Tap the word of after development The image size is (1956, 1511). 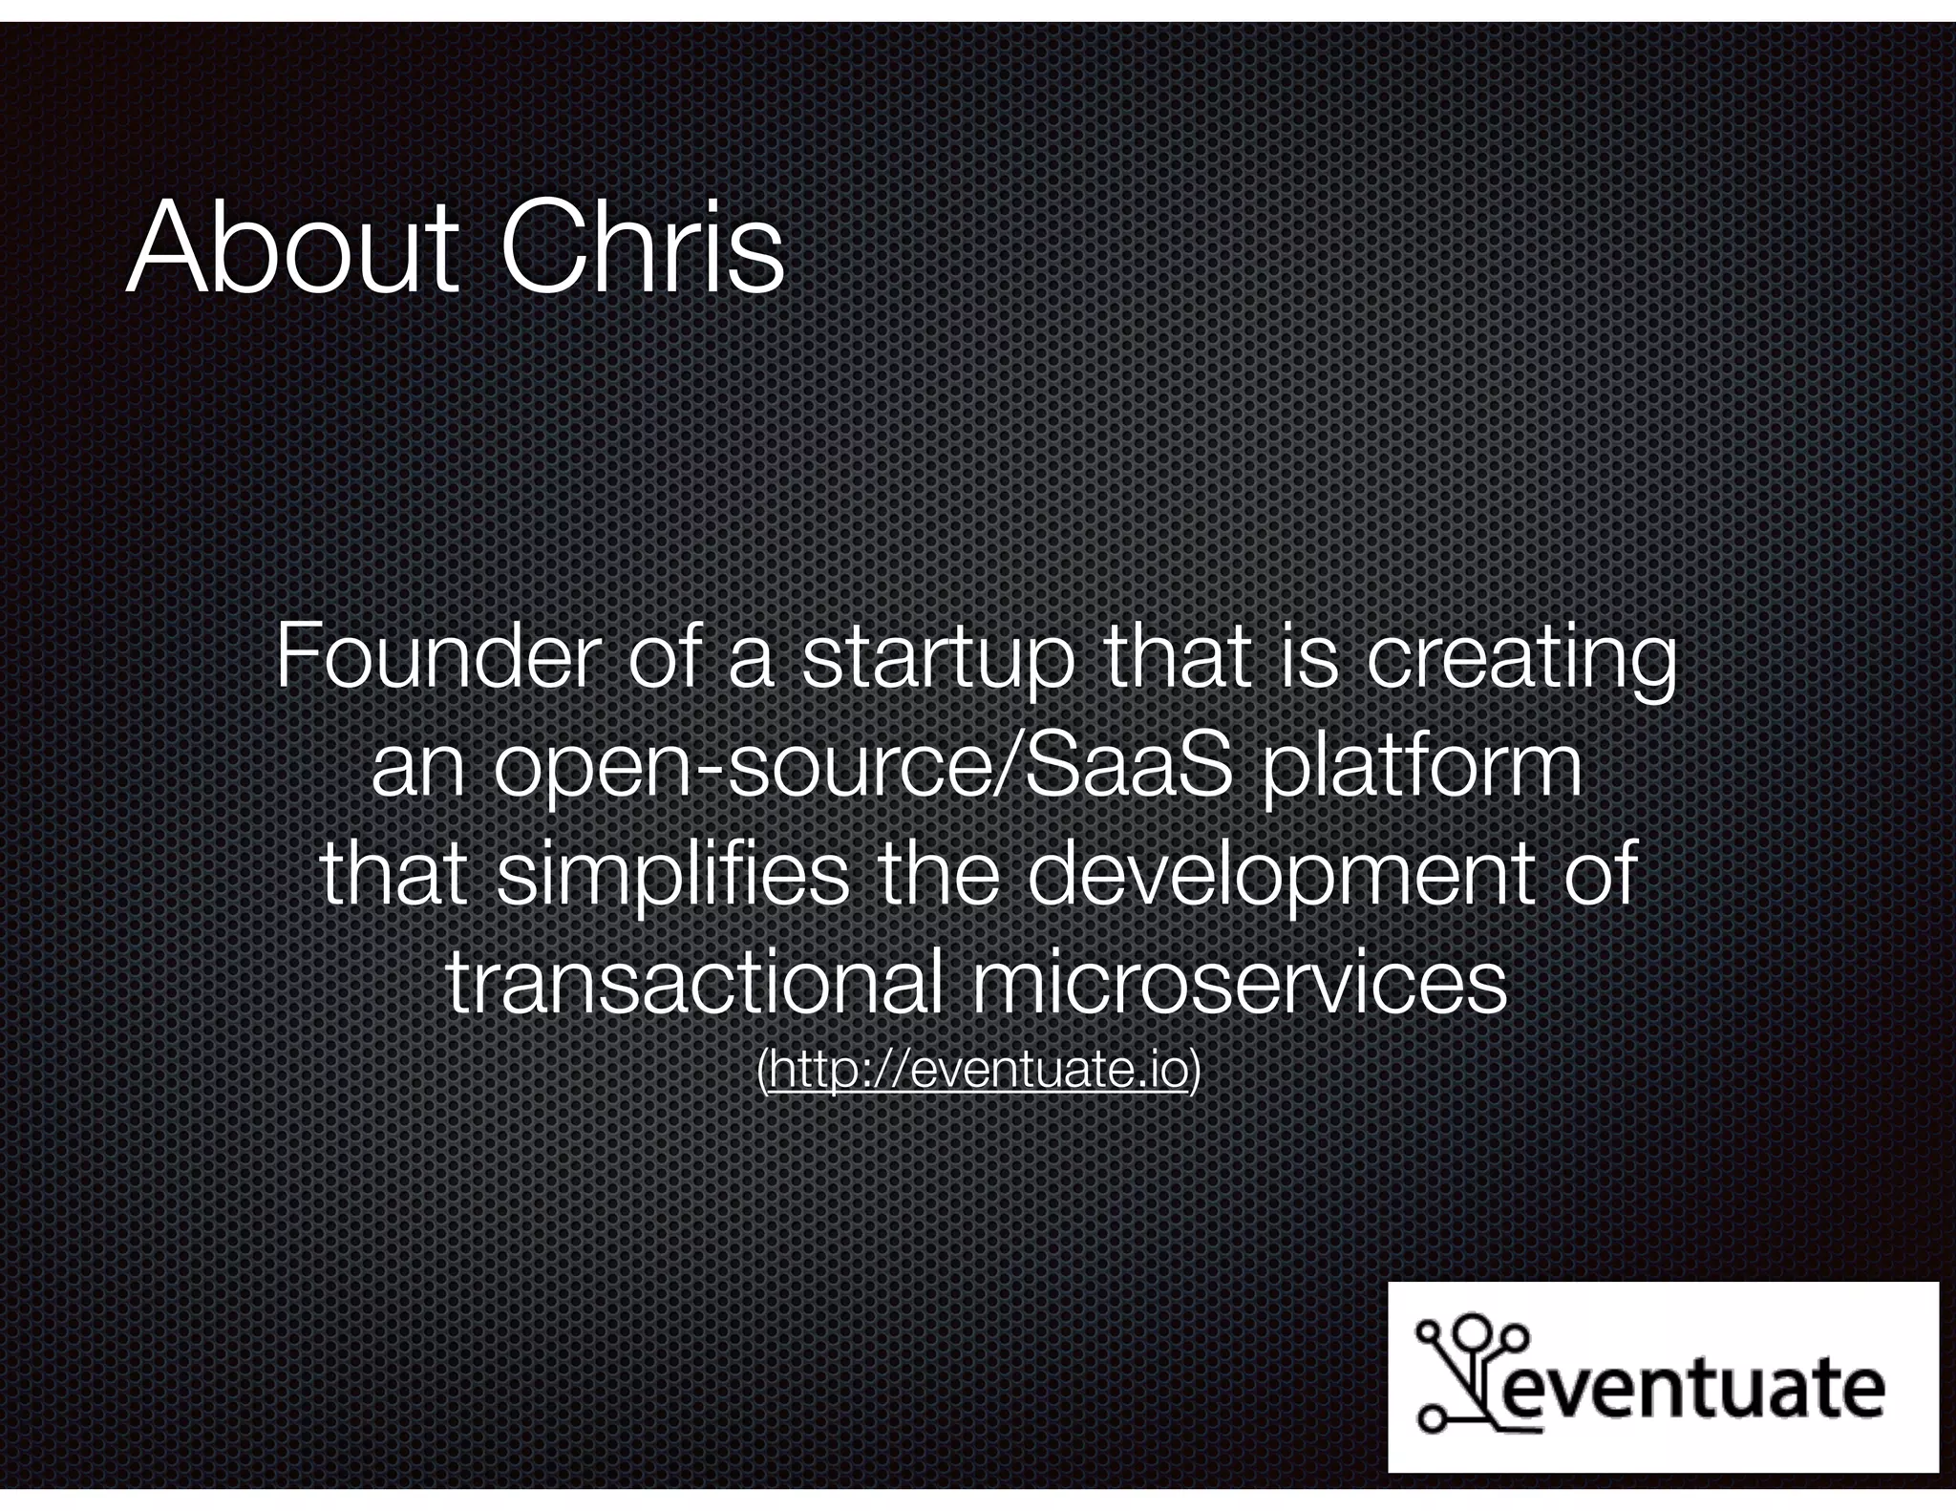(1599, 875)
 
